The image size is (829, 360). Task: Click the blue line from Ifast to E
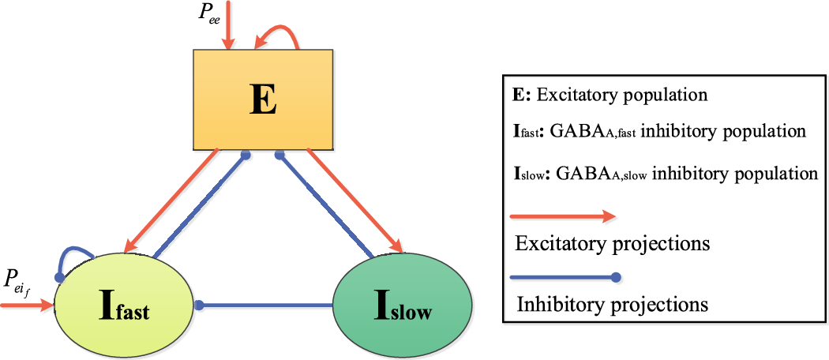(201, 206)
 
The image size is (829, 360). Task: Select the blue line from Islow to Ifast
(265, 305)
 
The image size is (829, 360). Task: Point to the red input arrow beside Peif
(28, 304)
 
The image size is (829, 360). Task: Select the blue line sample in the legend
(565, 277)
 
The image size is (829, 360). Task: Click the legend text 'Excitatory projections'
(612, 243)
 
